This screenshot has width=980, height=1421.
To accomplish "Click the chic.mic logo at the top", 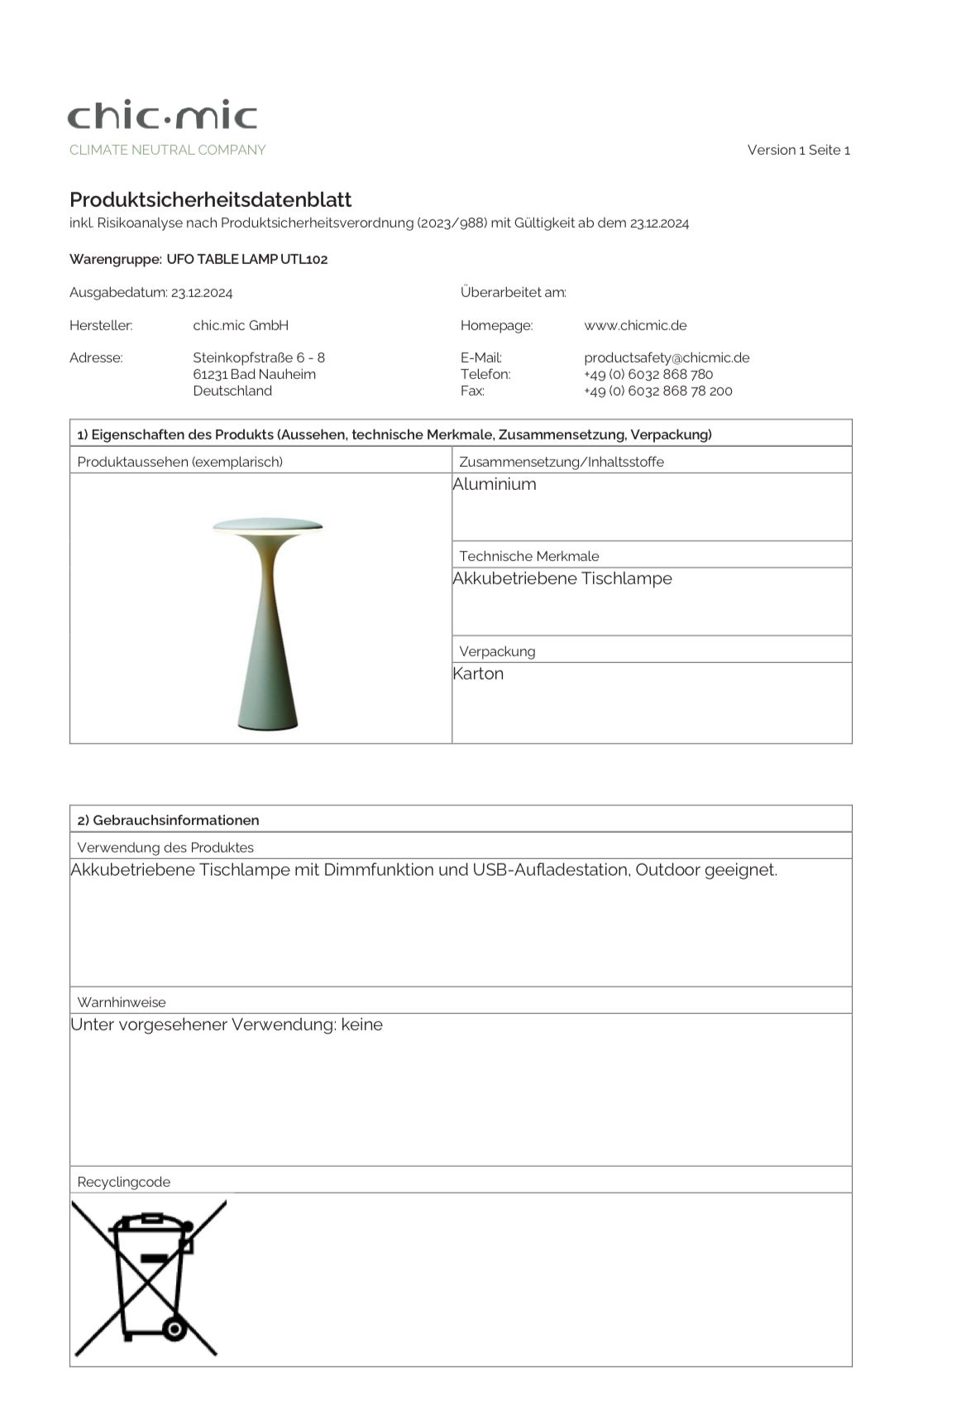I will (162, 116).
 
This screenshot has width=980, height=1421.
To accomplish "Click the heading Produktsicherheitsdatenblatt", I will (210, 199).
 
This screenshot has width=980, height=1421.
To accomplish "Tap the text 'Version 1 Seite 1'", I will (798, 150).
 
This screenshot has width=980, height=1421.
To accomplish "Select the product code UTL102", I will (304, 259).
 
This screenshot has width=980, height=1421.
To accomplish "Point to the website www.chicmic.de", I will (635, 325).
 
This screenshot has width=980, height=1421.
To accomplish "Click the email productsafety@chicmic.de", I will (667, 358).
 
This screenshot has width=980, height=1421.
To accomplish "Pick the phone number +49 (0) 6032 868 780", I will (648, 374).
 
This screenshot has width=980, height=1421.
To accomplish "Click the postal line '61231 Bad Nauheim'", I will (254, 374).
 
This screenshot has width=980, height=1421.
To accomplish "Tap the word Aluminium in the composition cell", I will (495, 484).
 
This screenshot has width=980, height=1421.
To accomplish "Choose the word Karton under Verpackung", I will (478, 674).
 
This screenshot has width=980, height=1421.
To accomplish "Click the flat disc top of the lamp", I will (267, 525).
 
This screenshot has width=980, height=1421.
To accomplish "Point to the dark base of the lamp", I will (267, 727).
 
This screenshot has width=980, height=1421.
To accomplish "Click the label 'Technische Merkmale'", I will (529, 556).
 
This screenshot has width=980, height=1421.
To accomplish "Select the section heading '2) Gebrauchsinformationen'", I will (168, 820).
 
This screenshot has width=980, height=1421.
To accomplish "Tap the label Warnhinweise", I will (122, 1002).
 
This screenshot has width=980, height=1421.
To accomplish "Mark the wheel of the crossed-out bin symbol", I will (174, 1329).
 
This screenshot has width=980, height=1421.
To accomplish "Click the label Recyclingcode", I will (124, 1182).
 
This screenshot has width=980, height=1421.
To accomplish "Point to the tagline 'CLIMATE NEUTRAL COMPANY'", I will (168, 150).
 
